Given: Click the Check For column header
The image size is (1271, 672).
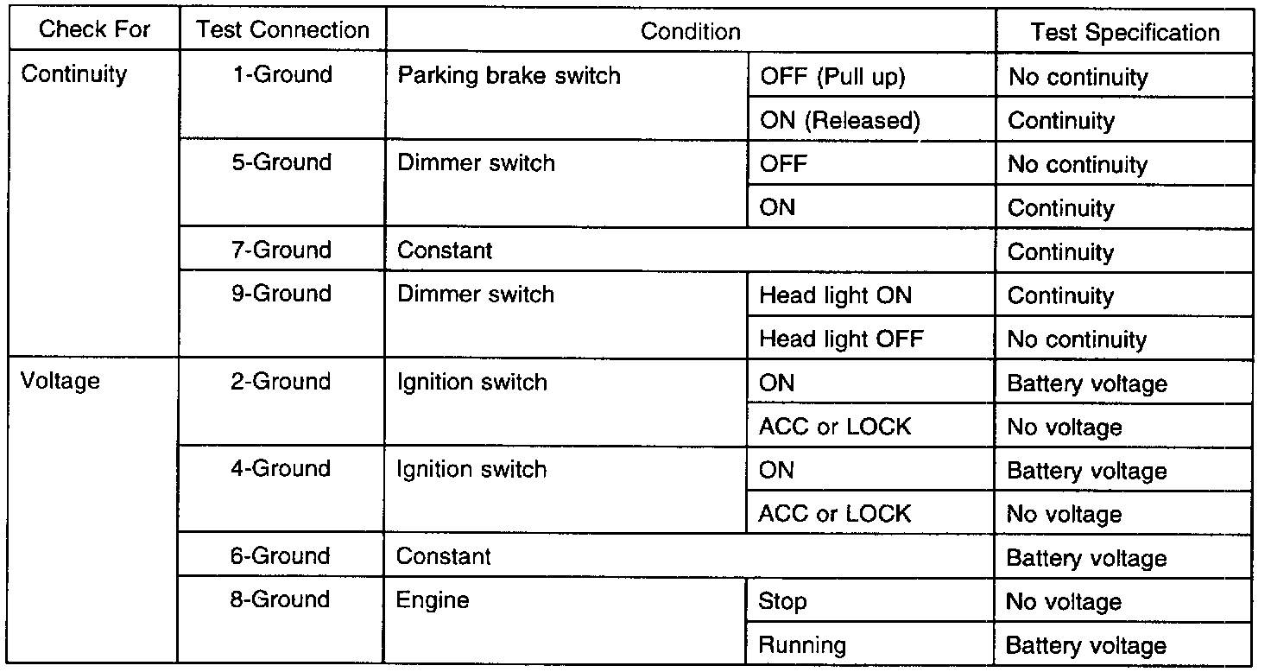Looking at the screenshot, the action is point(95,30).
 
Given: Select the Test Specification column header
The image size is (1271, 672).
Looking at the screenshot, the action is point(1124,32).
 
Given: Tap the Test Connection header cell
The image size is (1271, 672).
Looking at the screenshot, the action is point(282,30).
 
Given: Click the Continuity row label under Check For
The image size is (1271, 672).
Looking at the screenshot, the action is point(73,73).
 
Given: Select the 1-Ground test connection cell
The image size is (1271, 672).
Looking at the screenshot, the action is point(282,74).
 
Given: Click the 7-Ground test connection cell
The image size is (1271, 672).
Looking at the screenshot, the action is point(282,250).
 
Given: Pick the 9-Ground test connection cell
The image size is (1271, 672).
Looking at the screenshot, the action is point(282,294).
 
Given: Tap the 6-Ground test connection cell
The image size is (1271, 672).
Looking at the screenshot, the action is point(281,555).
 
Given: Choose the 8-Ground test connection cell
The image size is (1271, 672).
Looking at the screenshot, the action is point(281,599).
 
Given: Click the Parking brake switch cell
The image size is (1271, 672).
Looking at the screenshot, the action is point(509,75).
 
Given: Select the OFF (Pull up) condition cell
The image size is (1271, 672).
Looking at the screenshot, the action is point(832,76).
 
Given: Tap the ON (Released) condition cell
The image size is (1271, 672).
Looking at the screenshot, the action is point(839,120).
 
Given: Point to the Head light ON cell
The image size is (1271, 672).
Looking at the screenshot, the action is point(835,295).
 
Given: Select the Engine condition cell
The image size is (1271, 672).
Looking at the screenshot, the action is point(433,600).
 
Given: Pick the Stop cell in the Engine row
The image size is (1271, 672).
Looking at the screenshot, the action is point(782,600).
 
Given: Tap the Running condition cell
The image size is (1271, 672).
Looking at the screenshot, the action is point(802,644).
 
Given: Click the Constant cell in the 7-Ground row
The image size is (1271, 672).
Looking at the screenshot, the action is point(445,250).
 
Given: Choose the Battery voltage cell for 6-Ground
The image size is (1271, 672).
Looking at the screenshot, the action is point(1086,558).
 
